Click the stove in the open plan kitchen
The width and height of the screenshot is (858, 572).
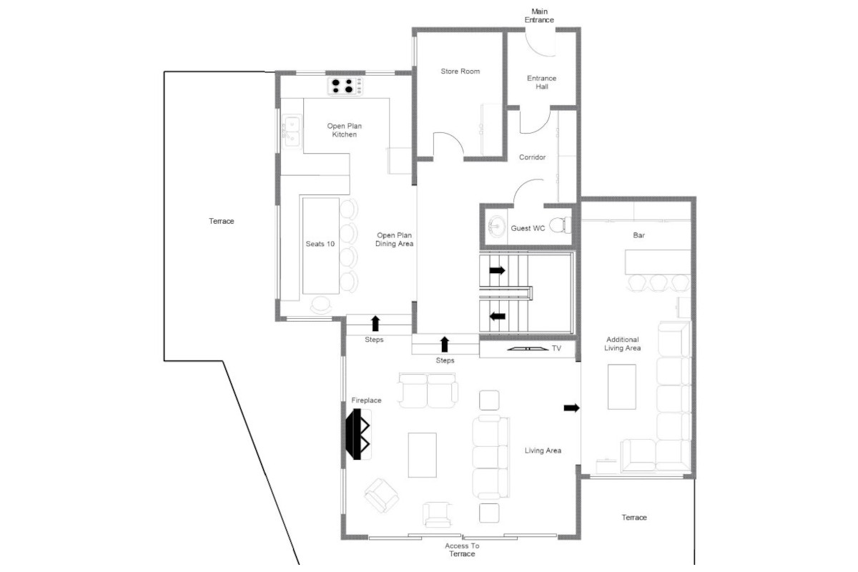point(345,87)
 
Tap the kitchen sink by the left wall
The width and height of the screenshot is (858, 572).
point(292,132)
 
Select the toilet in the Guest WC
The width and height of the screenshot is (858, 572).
point(561,225)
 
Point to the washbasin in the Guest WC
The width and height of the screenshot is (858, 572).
point(496,226)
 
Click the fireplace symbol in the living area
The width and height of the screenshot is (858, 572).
point(357,434)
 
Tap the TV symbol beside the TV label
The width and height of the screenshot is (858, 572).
point(528,349)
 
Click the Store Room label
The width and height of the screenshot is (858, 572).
point(460,71)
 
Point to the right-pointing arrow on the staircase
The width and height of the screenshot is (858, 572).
point(497,270)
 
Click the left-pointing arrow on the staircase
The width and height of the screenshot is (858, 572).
point(497,317)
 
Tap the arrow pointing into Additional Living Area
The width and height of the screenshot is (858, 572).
point(571,408)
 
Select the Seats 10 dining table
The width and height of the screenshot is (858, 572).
point(320,245)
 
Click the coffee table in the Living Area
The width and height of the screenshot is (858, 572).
point(422,455)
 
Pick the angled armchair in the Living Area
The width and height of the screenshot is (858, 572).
point(382,495)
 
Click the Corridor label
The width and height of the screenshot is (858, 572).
point(532,157)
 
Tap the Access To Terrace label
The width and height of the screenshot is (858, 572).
point(462,550)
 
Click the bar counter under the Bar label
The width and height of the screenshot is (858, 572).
point(658,262)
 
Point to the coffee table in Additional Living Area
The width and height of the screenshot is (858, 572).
point(621,387)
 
